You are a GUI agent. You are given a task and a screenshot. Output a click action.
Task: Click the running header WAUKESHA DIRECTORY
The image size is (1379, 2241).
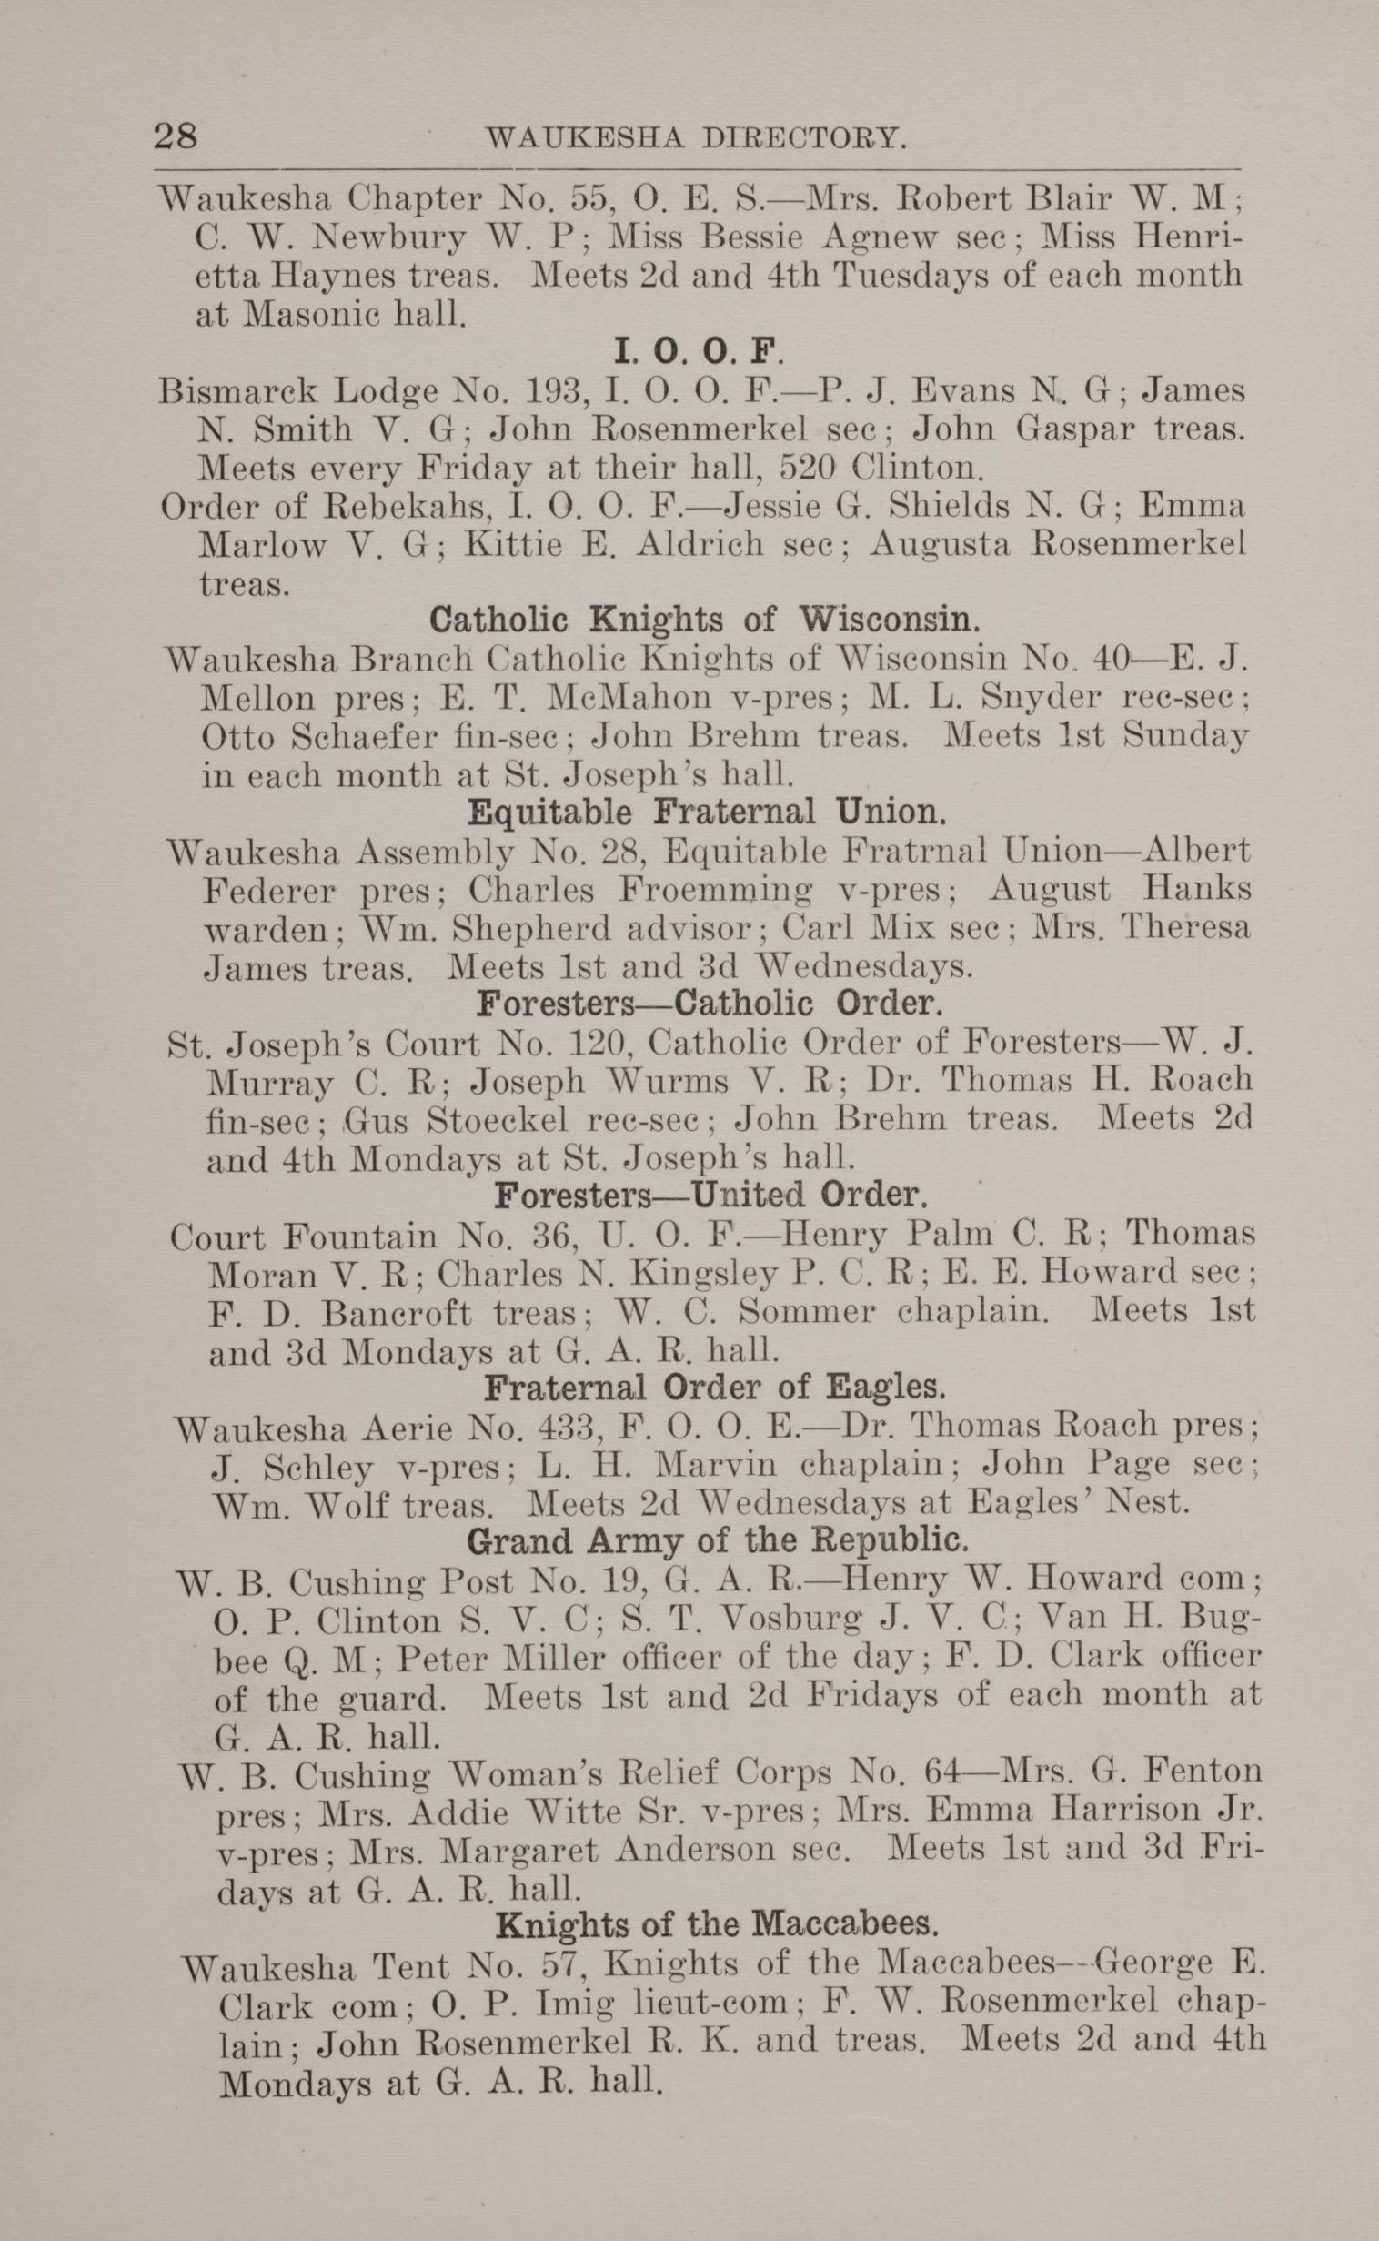tap(697, 137)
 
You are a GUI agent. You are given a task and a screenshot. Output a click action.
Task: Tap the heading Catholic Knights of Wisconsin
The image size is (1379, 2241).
tap(704, 621)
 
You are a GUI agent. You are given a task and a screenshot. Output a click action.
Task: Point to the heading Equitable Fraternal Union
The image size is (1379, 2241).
tap(703, 812)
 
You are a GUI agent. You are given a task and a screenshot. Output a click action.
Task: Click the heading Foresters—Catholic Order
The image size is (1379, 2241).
tap(709, 1004)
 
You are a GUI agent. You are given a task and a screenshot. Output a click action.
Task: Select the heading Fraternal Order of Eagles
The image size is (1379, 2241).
tap(714, 1388)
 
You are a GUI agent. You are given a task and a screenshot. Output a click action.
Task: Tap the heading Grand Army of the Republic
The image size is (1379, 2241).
tap(716, 1540)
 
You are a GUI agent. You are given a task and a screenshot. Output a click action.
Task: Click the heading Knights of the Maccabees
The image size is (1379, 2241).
tap(717, 1924)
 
